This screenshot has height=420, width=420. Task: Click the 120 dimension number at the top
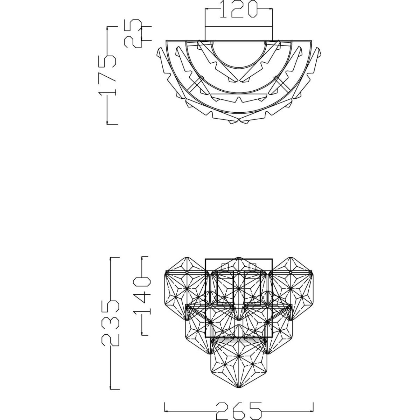[x=239, y=9]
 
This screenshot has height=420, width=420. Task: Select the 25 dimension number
[x=133, y=33]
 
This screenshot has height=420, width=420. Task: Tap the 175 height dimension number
[x=107, y=76]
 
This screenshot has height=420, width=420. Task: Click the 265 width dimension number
[x=238, y=411]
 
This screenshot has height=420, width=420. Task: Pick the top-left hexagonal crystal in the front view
[x=187, y=290]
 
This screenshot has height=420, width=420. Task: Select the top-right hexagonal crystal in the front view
[x=290, y=290]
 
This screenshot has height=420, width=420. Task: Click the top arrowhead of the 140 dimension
[x=142, y=259]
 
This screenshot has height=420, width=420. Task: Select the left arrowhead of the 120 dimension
[x=207, y=9]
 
